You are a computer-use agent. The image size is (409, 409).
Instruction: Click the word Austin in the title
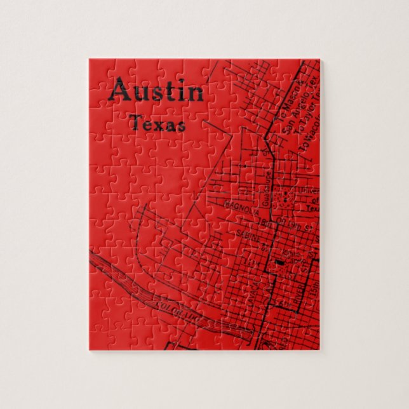click(156, 92)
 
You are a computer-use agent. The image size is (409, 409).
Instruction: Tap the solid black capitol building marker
click(279, 262)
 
